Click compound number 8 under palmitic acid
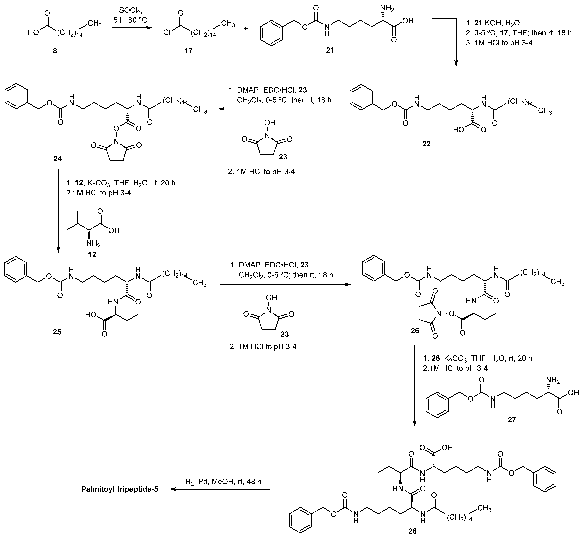tap(55, 51)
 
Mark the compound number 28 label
tap(412, 531)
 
